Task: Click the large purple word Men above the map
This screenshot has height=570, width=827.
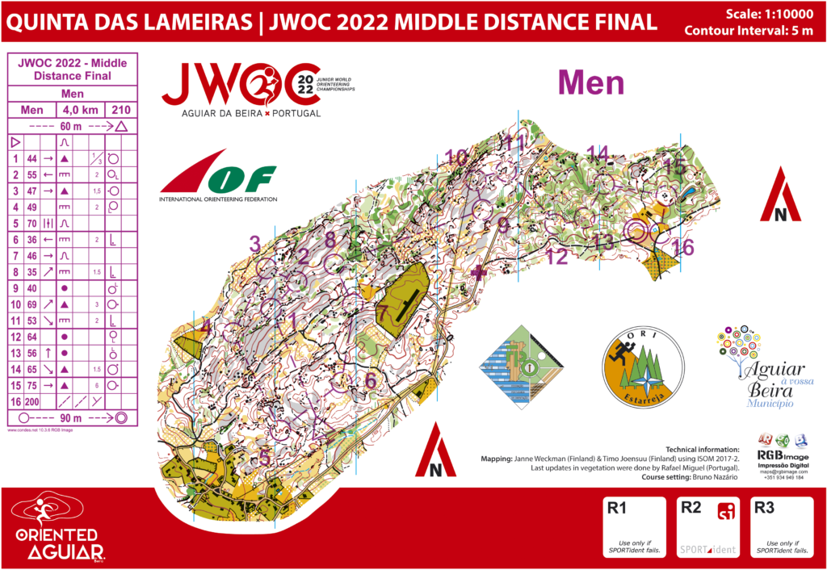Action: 591,83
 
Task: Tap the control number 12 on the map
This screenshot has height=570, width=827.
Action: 556,258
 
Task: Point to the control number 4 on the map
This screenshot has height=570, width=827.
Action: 207,327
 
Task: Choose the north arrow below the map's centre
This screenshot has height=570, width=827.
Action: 435,451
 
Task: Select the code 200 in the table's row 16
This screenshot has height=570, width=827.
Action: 33,401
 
